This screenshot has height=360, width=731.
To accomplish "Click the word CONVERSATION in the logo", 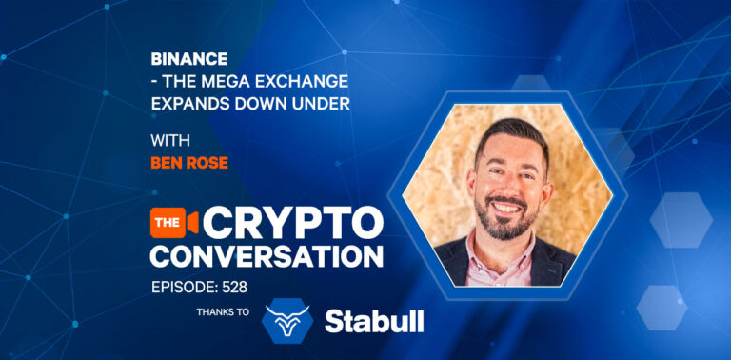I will tap(266, 255).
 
